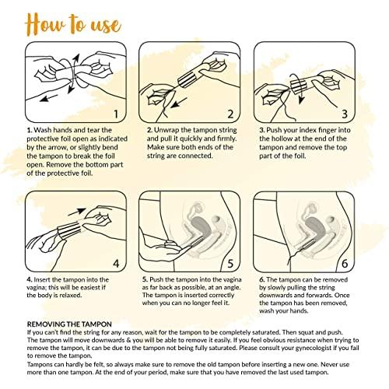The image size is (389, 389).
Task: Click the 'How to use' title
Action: [x=73, y=25]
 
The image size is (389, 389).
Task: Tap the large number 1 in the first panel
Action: [x=116, y=114]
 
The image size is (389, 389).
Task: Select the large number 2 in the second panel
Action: [x=230, y=114]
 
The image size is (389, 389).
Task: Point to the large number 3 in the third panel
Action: [x=345, y=114]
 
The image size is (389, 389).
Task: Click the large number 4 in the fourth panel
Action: [x=116, y=264]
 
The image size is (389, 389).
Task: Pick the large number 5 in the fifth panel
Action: [x=230, y=264]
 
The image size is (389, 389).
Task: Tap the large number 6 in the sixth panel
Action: [x=345, y=264]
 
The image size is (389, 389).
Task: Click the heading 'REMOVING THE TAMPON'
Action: [x=69, y=324]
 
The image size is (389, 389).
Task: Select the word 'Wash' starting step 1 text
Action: [x=41, y=130]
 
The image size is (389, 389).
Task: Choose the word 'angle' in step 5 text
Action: [x=232, y=288]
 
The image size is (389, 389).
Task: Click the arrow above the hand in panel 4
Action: [x=77, y=212]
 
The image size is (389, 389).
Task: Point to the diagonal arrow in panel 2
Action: [x=179, y=103]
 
